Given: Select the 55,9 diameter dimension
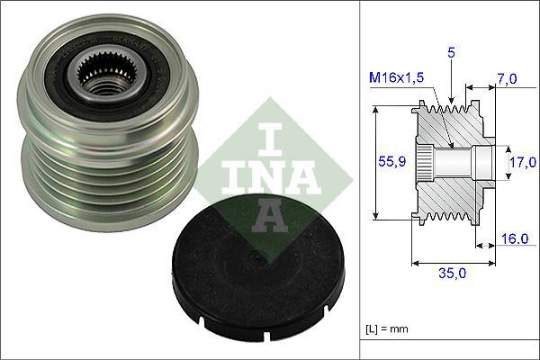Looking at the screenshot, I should (386, 163).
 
